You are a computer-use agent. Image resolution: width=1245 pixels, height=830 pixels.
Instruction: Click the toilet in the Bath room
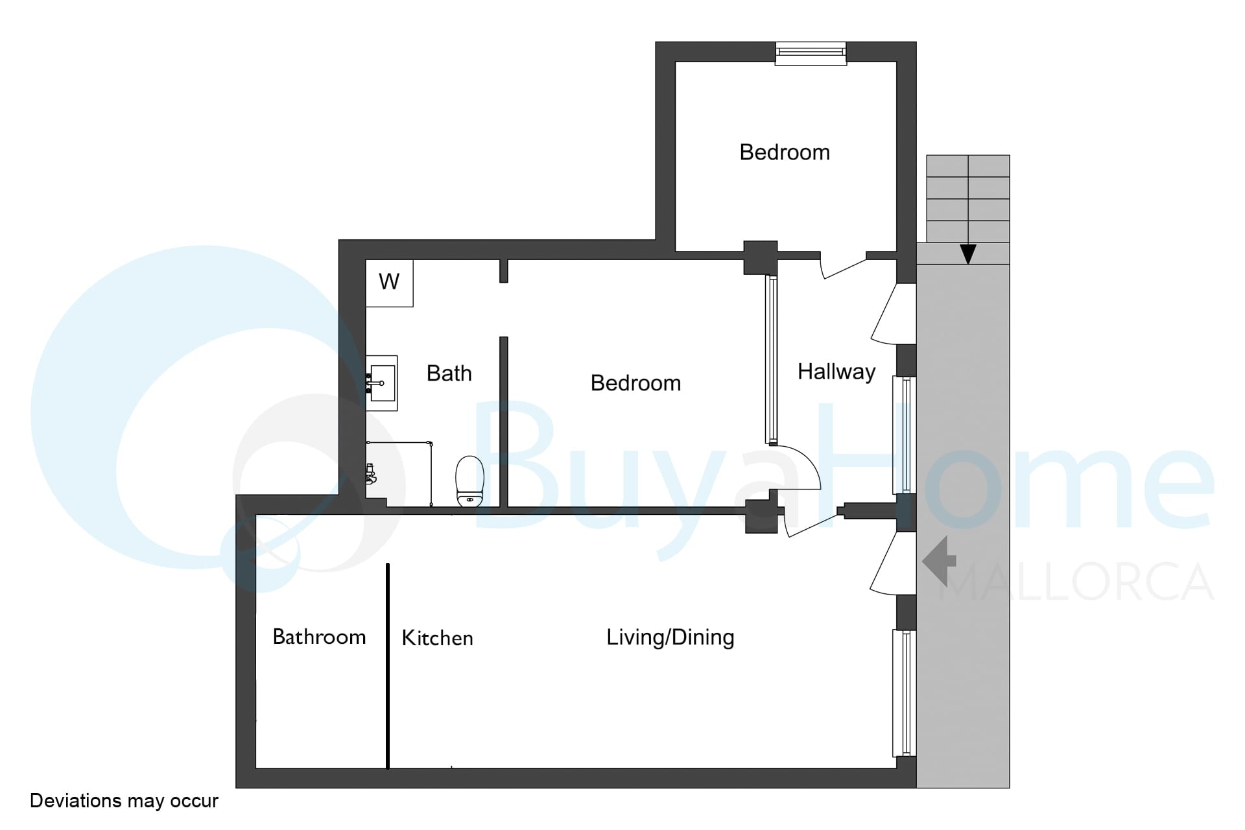click(x=469, y=481)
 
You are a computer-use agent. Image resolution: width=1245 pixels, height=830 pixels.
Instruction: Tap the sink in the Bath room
click(x=382, y=383)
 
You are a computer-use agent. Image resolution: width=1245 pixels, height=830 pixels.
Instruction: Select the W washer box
click(x=389, y=283)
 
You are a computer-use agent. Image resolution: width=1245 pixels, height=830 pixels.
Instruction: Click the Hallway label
click(x=836, y=372)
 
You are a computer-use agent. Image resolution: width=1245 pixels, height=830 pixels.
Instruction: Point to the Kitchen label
click(x=437, y=638)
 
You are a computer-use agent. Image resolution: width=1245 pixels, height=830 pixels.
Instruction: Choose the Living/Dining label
click(x=670, y=637)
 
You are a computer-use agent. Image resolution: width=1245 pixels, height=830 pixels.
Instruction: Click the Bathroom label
click(x=319, y=637)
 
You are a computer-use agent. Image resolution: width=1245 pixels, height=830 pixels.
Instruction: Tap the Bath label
click(x=449, y=373)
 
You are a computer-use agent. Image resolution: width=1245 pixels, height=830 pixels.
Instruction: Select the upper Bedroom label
click(x=785, y=152)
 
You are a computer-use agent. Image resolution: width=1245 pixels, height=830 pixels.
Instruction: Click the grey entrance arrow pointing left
click(x=939, y=561)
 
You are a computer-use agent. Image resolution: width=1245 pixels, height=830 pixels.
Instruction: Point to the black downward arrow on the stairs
click(x=967, y=253)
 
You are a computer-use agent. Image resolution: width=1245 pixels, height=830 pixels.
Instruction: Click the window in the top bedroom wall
click(x=811, y=53)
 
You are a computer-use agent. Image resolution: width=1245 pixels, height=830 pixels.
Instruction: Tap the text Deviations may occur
click(x=124, y=801)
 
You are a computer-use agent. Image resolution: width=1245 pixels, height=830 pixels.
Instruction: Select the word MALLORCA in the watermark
click(x=1076, y=582)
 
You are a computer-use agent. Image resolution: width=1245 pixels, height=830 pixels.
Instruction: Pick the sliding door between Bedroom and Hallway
click(x=771, y=360)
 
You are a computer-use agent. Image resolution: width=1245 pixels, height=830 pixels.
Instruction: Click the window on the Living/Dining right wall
click(x=905, y=693)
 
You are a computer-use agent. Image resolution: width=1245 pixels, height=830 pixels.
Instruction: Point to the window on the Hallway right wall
click(x=905, y=434)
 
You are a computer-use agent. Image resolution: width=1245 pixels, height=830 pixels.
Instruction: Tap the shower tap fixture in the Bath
click(x=370, y=475)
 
